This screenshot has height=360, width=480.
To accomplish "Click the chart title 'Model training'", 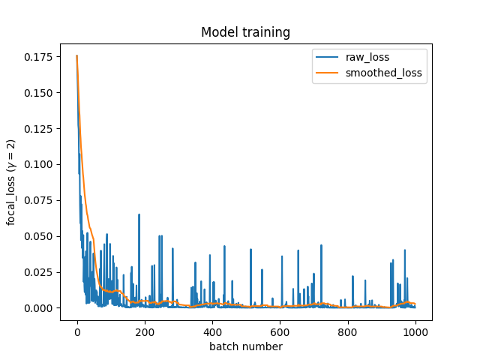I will [245, 33].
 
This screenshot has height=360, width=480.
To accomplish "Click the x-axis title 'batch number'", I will [245, 346].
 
